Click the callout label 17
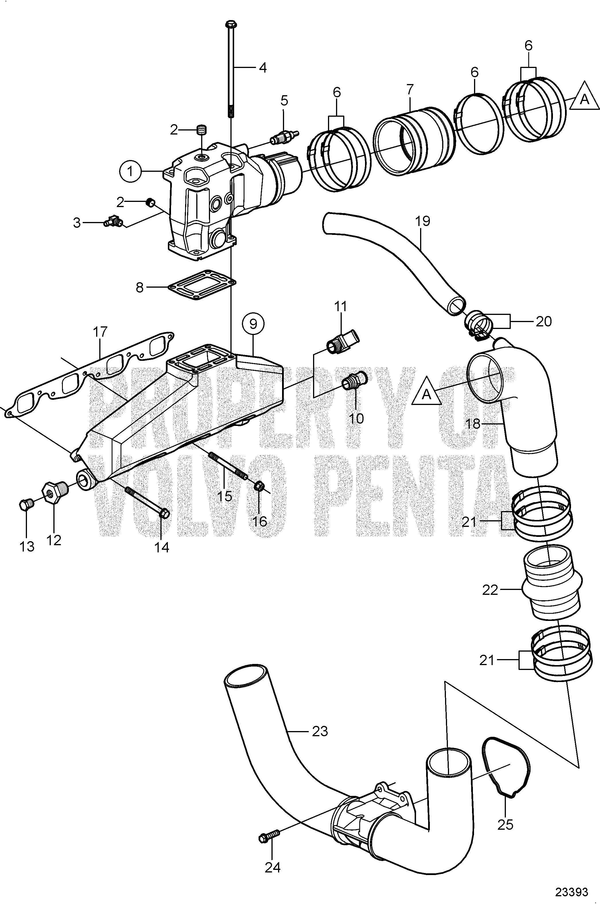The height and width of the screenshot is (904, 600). (100, 332)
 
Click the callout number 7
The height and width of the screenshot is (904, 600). (409, 90)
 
